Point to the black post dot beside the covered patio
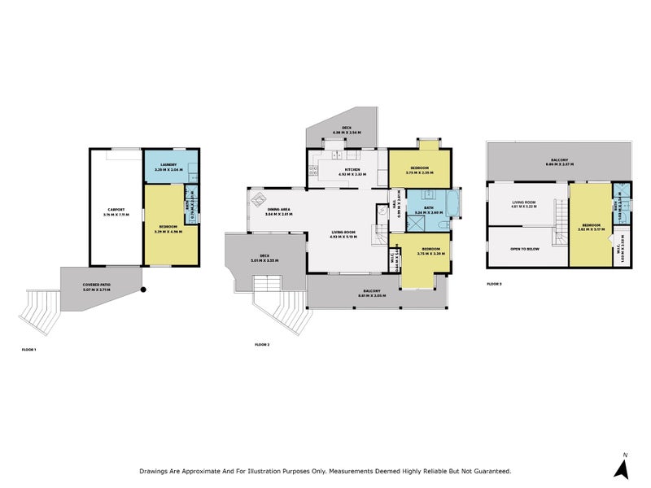(x=142, y=290)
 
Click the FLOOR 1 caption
(x=29, y=349)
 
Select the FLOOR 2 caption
(x=261, y=345)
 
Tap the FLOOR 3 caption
(x=494, y=284)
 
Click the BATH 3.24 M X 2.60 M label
(x=428, y=210)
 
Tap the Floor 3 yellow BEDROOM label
(x=591, y=227)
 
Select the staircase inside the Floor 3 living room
(x=560, y=224)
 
